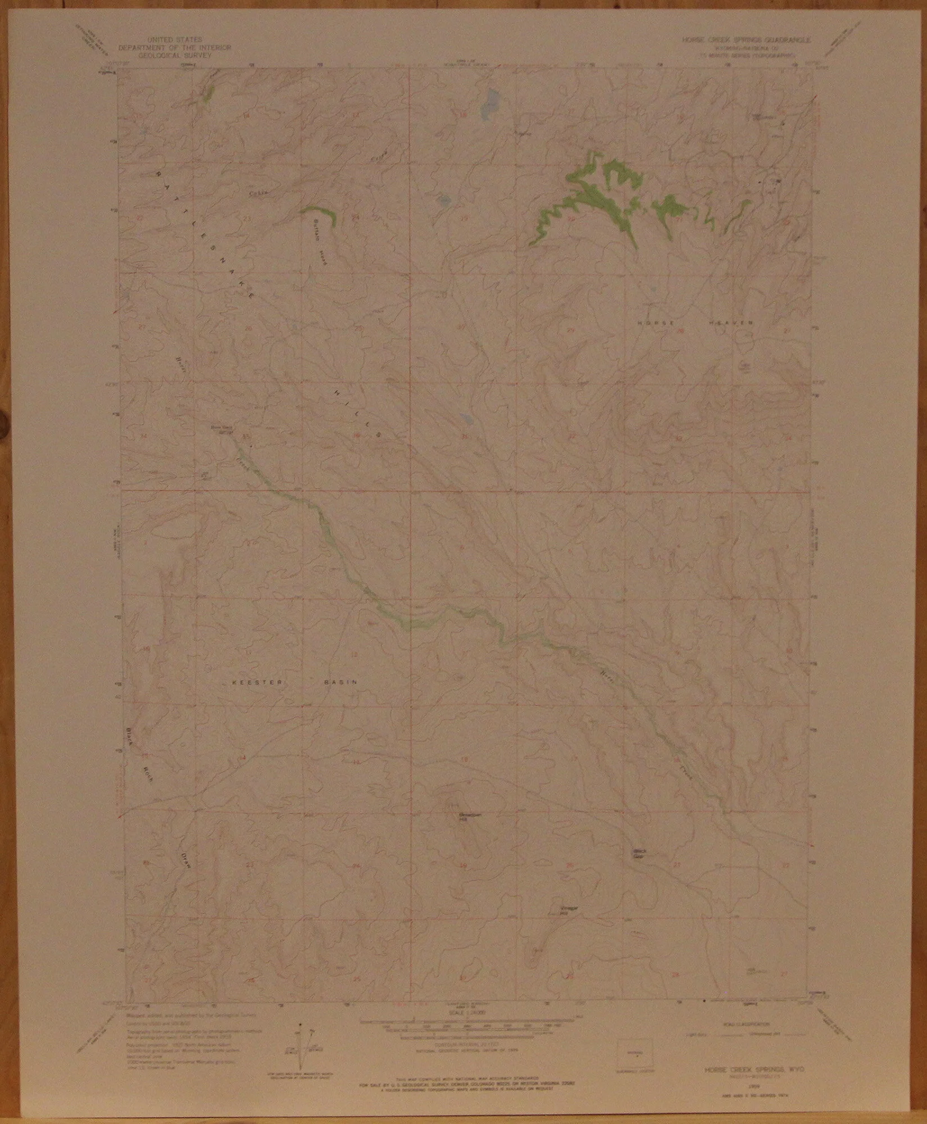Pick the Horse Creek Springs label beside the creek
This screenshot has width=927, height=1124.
coord(221,430)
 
